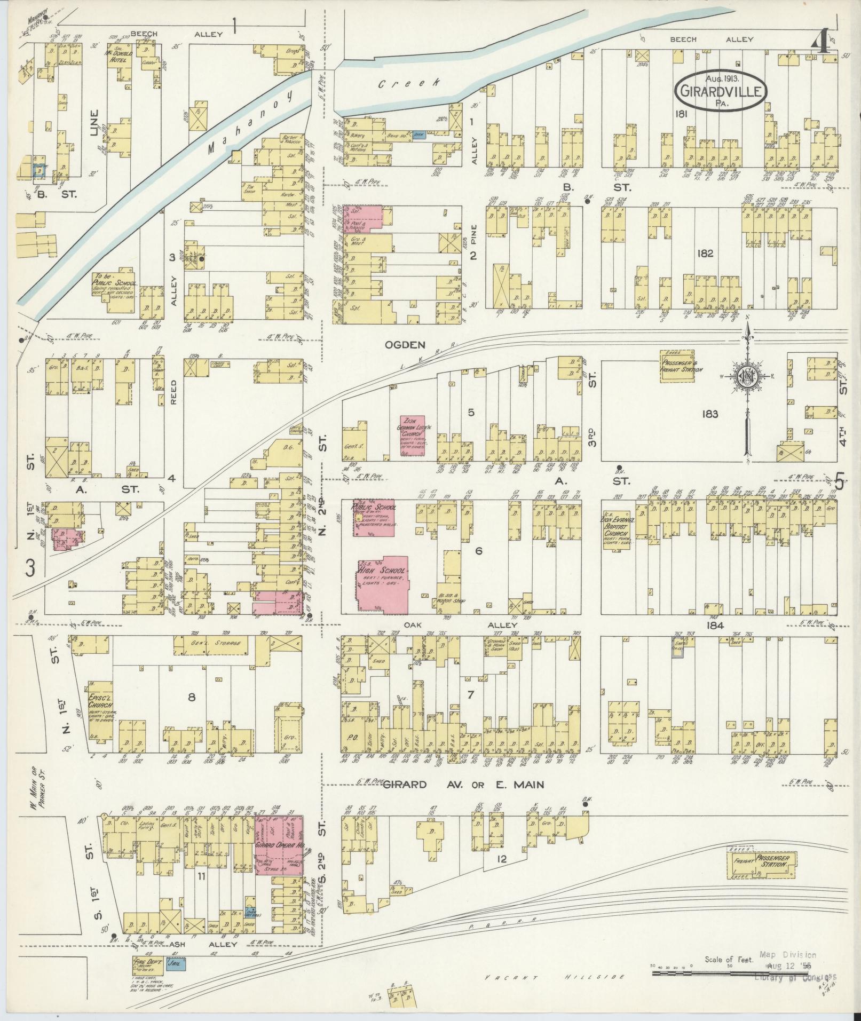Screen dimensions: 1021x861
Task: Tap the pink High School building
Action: click(x=382, y=583)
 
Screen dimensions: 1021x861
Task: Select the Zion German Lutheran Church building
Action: click(x=413, y=436)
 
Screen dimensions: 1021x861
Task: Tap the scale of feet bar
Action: click(x=742, y=972)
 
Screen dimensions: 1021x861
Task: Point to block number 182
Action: click(x=705, y=254)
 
